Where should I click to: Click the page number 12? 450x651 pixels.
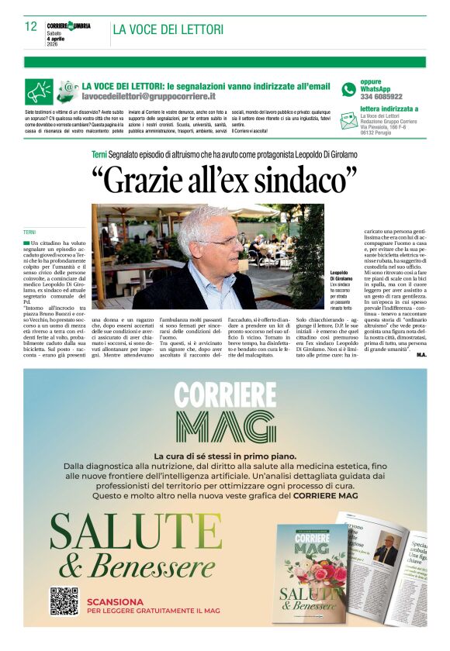click(x=30, y=26)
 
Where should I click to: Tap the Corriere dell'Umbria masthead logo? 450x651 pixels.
click(x=68, y=26)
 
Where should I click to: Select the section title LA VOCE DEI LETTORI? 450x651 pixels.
click(x=168, y=30)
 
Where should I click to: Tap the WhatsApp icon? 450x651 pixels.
click(x=348, y=89)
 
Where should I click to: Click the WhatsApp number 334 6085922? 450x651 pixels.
click(x=381, y=97)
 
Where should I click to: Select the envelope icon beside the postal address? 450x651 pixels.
click(x=348, y=120)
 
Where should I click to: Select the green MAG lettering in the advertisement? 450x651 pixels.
click(x=224, y=425)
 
